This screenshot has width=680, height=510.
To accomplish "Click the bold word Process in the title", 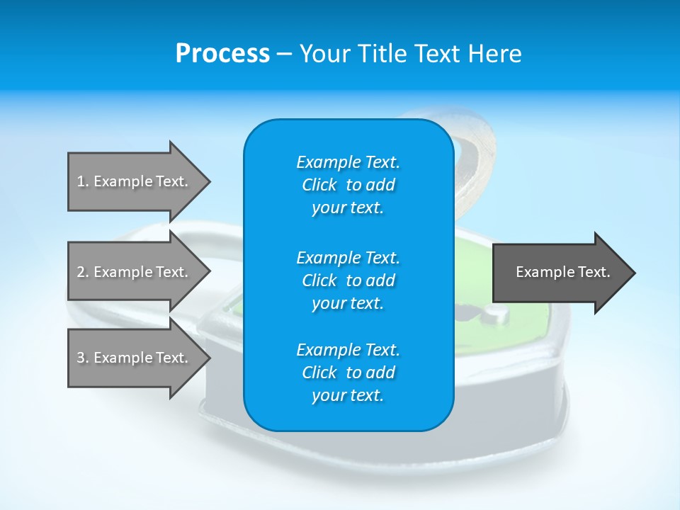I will click(x=222, y=54).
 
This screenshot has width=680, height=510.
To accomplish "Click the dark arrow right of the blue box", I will click(x=560, y=273).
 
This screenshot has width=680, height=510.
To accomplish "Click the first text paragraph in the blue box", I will click(x=348, y=185).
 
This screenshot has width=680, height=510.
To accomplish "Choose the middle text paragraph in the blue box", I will click(x=348, y=280).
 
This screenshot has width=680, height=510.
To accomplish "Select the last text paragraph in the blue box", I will click(x=348, y=373).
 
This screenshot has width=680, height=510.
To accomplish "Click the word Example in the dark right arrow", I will click(x=539, y=272).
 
